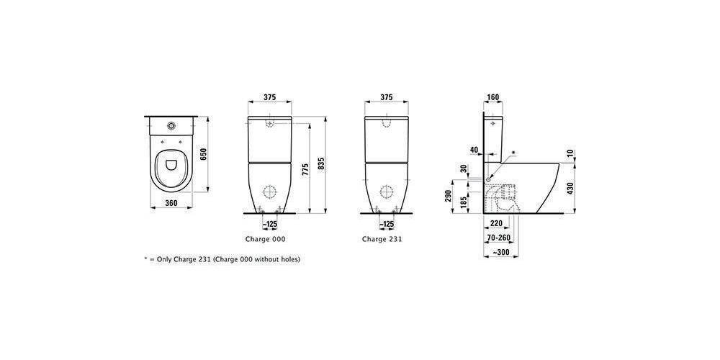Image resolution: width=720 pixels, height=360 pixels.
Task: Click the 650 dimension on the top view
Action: click(204, 154)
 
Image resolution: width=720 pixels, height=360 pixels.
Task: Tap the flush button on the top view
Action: click(172, 125)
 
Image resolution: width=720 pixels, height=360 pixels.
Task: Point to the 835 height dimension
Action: click(321, 164)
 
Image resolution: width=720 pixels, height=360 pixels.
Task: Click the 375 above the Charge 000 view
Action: click(269, 97)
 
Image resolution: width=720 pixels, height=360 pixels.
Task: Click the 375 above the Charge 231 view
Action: click(386, 97)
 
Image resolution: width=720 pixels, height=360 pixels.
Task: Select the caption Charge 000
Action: click(266, 239)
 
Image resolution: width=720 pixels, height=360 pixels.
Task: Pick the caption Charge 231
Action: click(382, 239)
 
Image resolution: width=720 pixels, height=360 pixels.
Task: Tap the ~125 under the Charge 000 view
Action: click(269, 224)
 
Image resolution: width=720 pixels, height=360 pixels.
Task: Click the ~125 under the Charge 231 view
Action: click(386, 224)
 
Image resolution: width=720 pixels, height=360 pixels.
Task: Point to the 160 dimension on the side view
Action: click(493, 97)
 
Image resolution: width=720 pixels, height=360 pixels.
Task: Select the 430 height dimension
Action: click(570, 187)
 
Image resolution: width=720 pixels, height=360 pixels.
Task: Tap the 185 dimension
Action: click(466, 201)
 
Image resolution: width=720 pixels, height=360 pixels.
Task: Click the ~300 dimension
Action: click(501, 253)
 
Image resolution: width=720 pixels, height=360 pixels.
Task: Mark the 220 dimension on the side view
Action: click(496, 223)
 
